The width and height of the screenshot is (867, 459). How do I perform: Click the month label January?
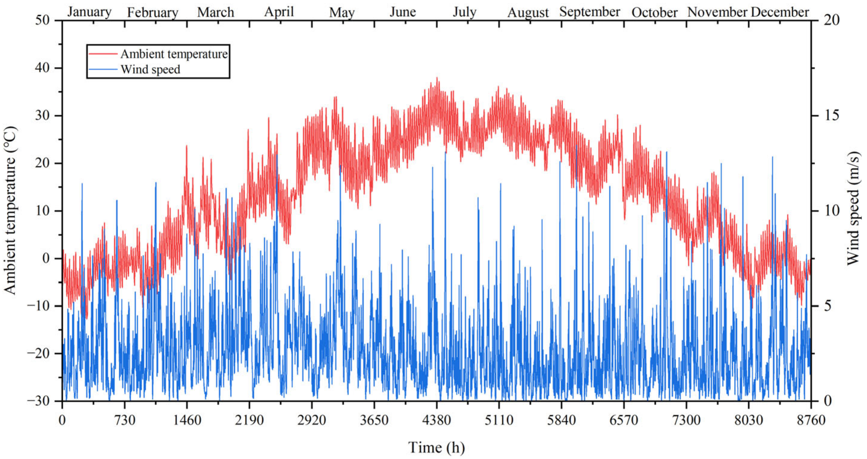[x=89, y=12]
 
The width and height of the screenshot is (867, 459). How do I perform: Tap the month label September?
[x=590, y=12]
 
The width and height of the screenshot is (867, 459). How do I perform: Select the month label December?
[x=780, y=12]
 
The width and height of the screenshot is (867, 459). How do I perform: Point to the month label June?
[x=403, y=12]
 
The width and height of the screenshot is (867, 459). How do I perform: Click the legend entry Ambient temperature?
[x=174, y=54]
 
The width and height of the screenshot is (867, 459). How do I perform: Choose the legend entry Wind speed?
[x=150, y=70]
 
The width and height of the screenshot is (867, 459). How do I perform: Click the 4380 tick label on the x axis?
[x=437, y=420]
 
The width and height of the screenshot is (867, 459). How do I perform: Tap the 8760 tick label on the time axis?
[x=811, y=420]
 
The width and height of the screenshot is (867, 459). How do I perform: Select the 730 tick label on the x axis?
[x=125, y=420]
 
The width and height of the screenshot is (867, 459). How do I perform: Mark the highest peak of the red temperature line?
[x=437, y=78]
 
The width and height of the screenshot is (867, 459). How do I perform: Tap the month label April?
[x=279, y=12]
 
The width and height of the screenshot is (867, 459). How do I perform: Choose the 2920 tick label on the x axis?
[x=312, y=420]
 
